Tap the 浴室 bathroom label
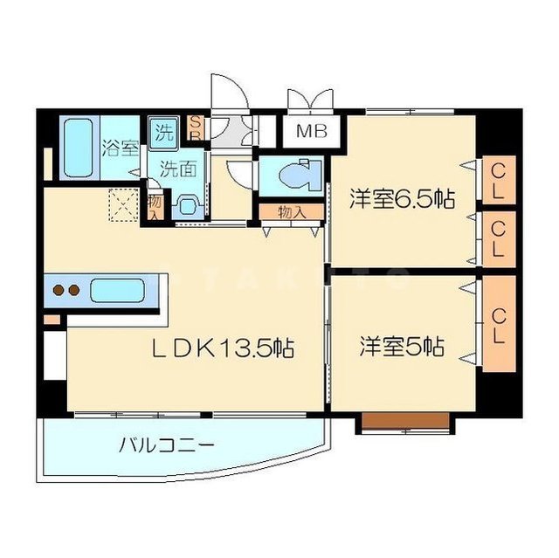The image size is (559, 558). pos(120,146)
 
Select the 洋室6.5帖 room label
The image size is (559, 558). pos(402,197)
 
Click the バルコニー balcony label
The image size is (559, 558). pos(166,445)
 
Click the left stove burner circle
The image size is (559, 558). pos(59,291)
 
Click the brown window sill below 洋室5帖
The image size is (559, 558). pos(408,423)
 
